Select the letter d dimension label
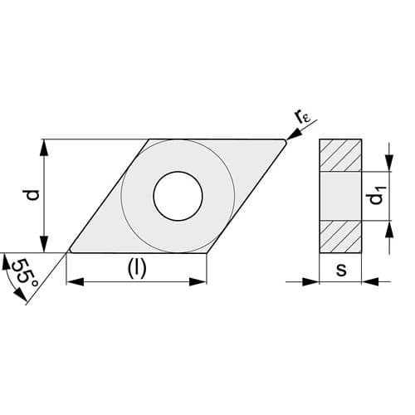(32, 195)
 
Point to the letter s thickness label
(341, 270)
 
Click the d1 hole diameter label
(376, 196)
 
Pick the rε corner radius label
(303, 117)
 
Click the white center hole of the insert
(178, 196)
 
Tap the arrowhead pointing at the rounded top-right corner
(294, 134)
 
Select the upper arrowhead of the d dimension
(45, 148)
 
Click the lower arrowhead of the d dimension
(45, 244)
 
